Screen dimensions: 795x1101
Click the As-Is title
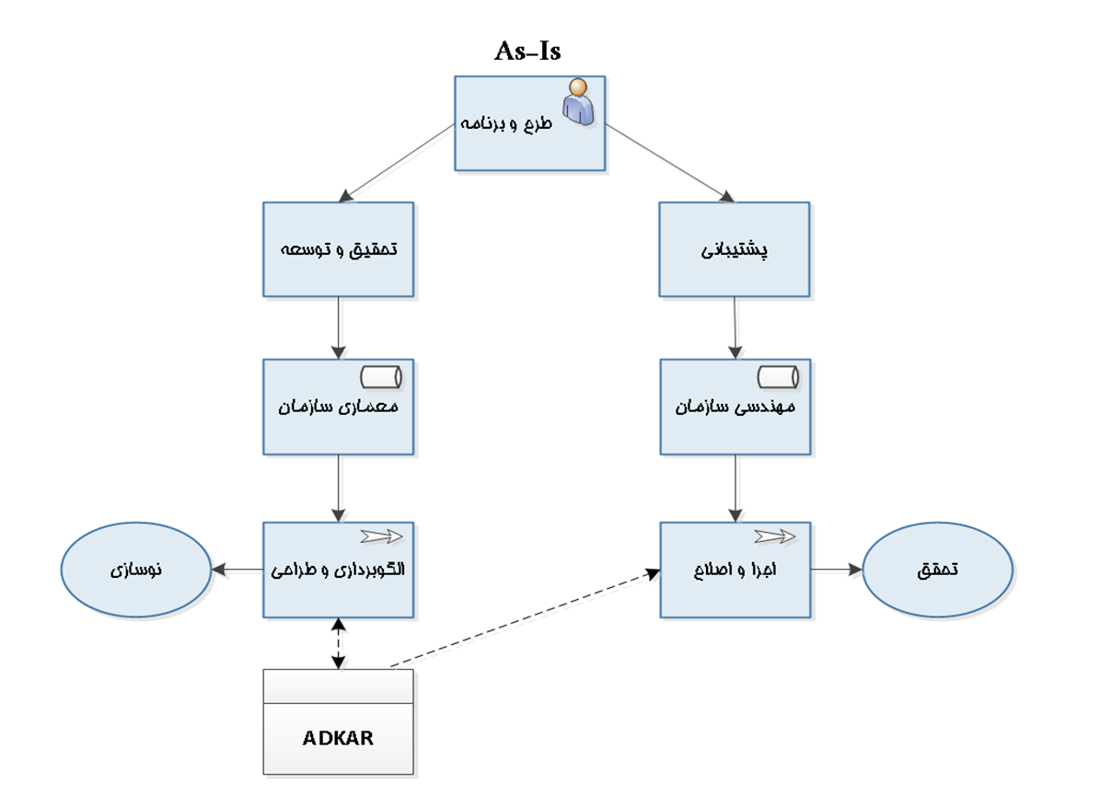coord(527,52)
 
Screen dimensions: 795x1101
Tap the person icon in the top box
coord(578,100)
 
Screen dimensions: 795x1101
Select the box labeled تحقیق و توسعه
coord(338,249)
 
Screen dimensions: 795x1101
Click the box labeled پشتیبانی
coord(735,249)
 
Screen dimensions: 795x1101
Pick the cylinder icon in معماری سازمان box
coord(382,376)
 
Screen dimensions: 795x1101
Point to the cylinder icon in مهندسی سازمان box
coord(778,376)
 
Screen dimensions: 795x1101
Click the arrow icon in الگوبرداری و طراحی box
coord(382,536)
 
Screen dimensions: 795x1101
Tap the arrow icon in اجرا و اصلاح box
coord(775,536)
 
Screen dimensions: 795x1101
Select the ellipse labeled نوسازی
coord(136,570)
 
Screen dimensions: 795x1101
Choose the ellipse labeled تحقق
coord(938,570)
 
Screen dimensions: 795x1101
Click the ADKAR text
coord(338,738)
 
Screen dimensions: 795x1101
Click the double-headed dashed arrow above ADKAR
coord(340,643)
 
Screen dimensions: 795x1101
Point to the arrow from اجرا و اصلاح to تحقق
coord(836,570)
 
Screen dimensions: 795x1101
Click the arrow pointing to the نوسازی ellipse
coord(237,570)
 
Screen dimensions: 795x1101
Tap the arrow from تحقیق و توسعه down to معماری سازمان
coord(339,328)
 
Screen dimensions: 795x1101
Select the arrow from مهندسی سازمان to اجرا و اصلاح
coord(735,488)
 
